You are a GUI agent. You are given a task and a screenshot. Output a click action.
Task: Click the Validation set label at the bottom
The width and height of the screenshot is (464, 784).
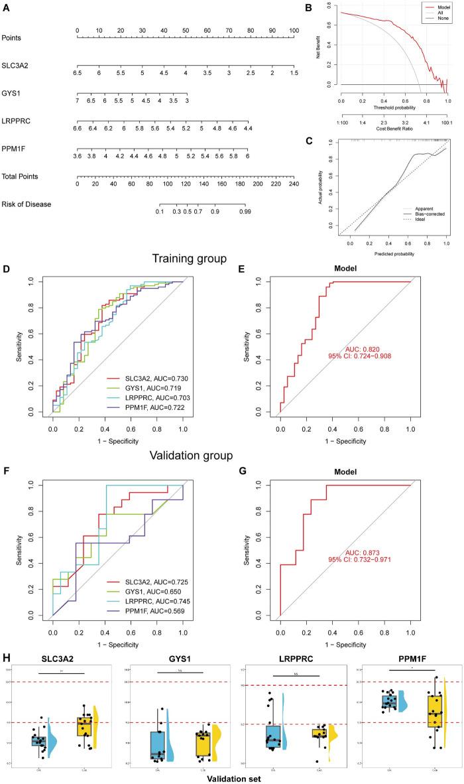[x=233, y=774]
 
